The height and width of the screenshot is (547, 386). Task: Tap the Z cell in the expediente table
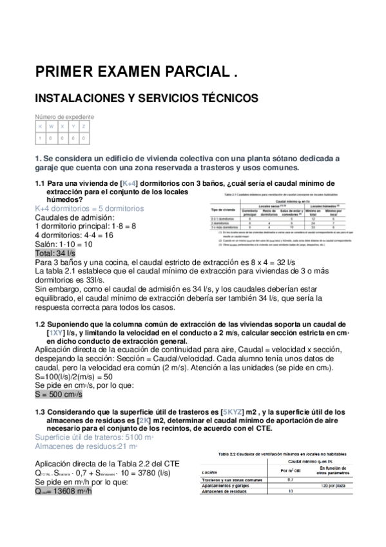(x=84, y=127)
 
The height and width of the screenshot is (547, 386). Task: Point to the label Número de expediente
(x=64, y=117)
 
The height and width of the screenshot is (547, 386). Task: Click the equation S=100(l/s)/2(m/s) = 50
(x=73, y=376)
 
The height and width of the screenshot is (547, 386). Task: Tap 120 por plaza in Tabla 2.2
(x=334, y=485)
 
